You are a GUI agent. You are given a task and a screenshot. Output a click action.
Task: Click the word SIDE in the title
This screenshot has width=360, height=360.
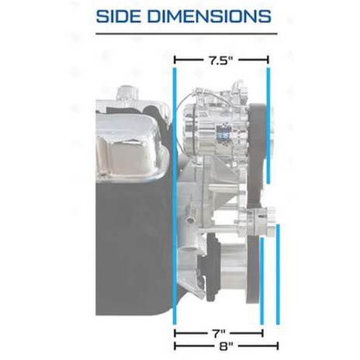[119, 16]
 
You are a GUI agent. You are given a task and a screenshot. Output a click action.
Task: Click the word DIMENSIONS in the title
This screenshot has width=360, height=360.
[209, 16]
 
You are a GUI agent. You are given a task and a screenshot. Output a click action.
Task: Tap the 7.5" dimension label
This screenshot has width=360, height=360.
[220, 61]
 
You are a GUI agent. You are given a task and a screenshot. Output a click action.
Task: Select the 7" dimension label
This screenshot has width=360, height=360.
[220, 333]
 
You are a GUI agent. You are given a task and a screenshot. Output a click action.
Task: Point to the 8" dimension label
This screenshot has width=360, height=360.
[226, 346]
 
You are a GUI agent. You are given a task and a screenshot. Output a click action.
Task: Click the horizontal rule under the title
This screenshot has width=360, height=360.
[186, 33]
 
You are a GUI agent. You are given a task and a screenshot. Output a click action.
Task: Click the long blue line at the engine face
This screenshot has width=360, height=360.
[175, 196]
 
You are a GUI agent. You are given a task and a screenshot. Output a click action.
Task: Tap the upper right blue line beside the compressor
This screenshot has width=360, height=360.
[268, 126]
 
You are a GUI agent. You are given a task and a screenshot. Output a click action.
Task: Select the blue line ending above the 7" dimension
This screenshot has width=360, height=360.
[261, 281]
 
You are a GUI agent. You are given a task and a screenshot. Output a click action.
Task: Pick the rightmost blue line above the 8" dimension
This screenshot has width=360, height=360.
[278, 275]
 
